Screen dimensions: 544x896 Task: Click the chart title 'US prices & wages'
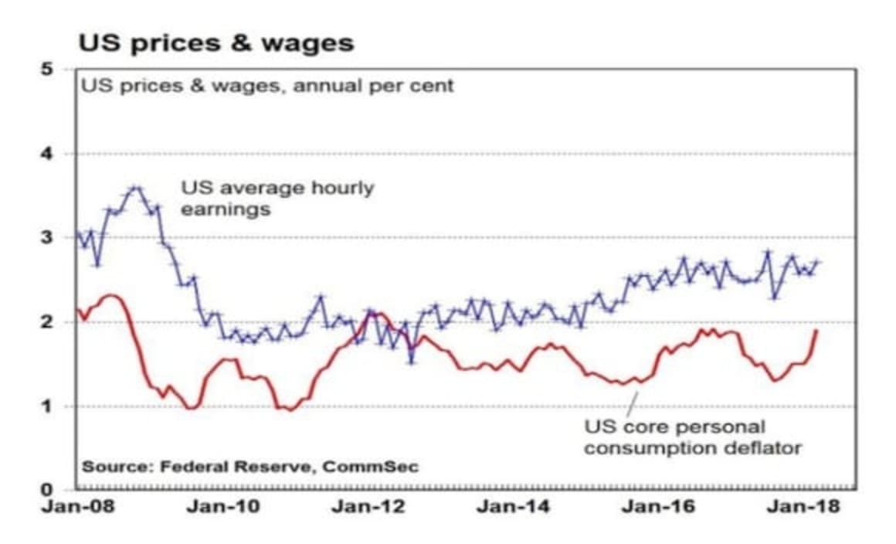pyautogui.click(x=216, y=42)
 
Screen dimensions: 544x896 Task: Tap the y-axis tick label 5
pyautogui.click(x=47, y=70)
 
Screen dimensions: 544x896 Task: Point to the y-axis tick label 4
pyautogui.click(x=47, y=154)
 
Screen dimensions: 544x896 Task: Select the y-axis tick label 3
pyautogui.click(x=47, y=237)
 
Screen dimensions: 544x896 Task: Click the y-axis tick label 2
pyautogui.click(x=47, y=321)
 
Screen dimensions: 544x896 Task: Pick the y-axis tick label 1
pyautogui.click(x=47, y=406)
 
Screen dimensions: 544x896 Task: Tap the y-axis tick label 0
pyautogui.click(x=47, y=489)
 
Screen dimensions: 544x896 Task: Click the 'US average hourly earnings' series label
pyautogui.click(x=277, y=198)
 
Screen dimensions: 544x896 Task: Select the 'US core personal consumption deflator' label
pyautogui.click(x=692, y=437)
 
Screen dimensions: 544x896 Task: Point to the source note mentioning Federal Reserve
pyautogui.click(x=250, y=467)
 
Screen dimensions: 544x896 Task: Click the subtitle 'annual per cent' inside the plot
pyautogui.click(x=267, y=85)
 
